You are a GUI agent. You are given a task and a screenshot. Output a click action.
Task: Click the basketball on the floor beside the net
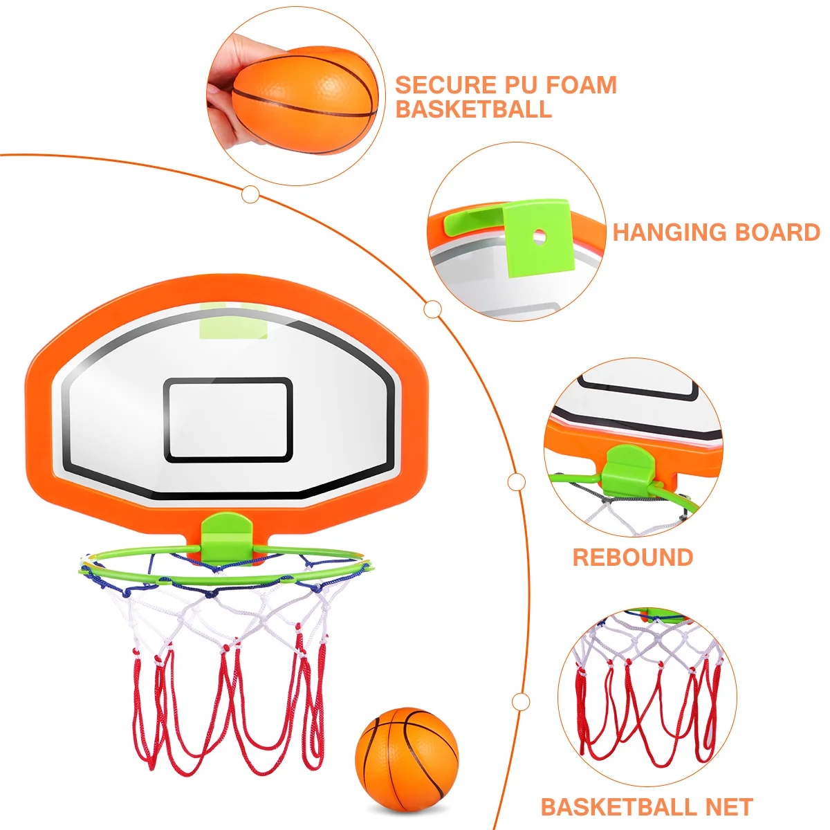pos(407,759)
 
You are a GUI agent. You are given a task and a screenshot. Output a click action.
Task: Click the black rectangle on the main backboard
pos(228,420)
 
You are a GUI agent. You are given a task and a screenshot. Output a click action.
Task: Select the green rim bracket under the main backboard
pos(221,533)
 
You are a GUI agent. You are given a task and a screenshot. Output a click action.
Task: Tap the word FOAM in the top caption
pos(580,85)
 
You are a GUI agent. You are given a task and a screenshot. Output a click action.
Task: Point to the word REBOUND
pos(633,557)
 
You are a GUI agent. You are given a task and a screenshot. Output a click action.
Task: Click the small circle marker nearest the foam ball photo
pos(251,194)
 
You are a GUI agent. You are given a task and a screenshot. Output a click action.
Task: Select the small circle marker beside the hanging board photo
pos(432,309)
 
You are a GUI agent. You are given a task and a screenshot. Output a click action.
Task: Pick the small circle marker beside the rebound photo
pos(517,482)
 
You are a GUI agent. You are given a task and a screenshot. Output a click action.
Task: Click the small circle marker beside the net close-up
pos(521,702)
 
